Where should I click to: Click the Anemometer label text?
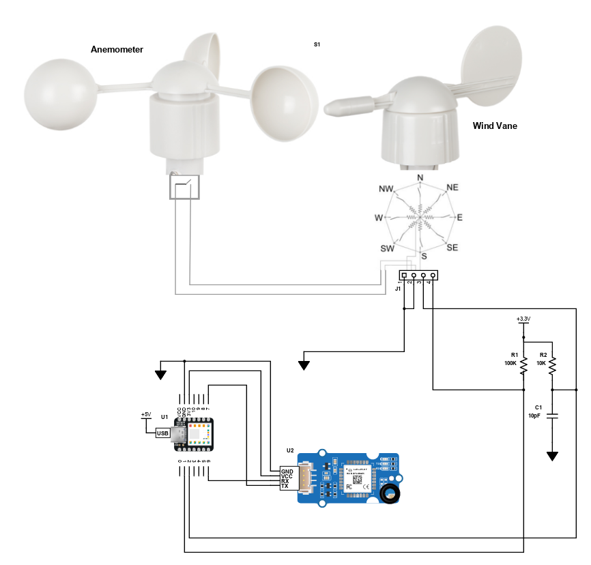tap(117, 50)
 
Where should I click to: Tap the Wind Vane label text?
tap(495, 126)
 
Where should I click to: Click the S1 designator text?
tap(317, 44)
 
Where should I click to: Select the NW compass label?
tap(386, 188)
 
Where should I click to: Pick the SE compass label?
tap(452, 248)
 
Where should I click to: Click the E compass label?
tap(459, 218)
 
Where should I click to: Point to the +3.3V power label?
tap(523, 319)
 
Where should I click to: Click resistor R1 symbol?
tap(523, 367)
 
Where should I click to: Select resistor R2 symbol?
tap(552, 367)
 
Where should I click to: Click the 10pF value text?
tap(534, 416)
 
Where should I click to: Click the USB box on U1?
tap(162, 433)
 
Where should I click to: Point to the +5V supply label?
tap(145, 414)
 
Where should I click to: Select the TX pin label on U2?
tap(285, 486)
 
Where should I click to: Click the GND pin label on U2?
tap(286, 471)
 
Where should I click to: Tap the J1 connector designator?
tap(398, 289)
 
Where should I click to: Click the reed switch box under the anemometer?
tap(184, 188)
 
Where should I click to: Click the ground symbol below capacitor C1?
tap(552, 454)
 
